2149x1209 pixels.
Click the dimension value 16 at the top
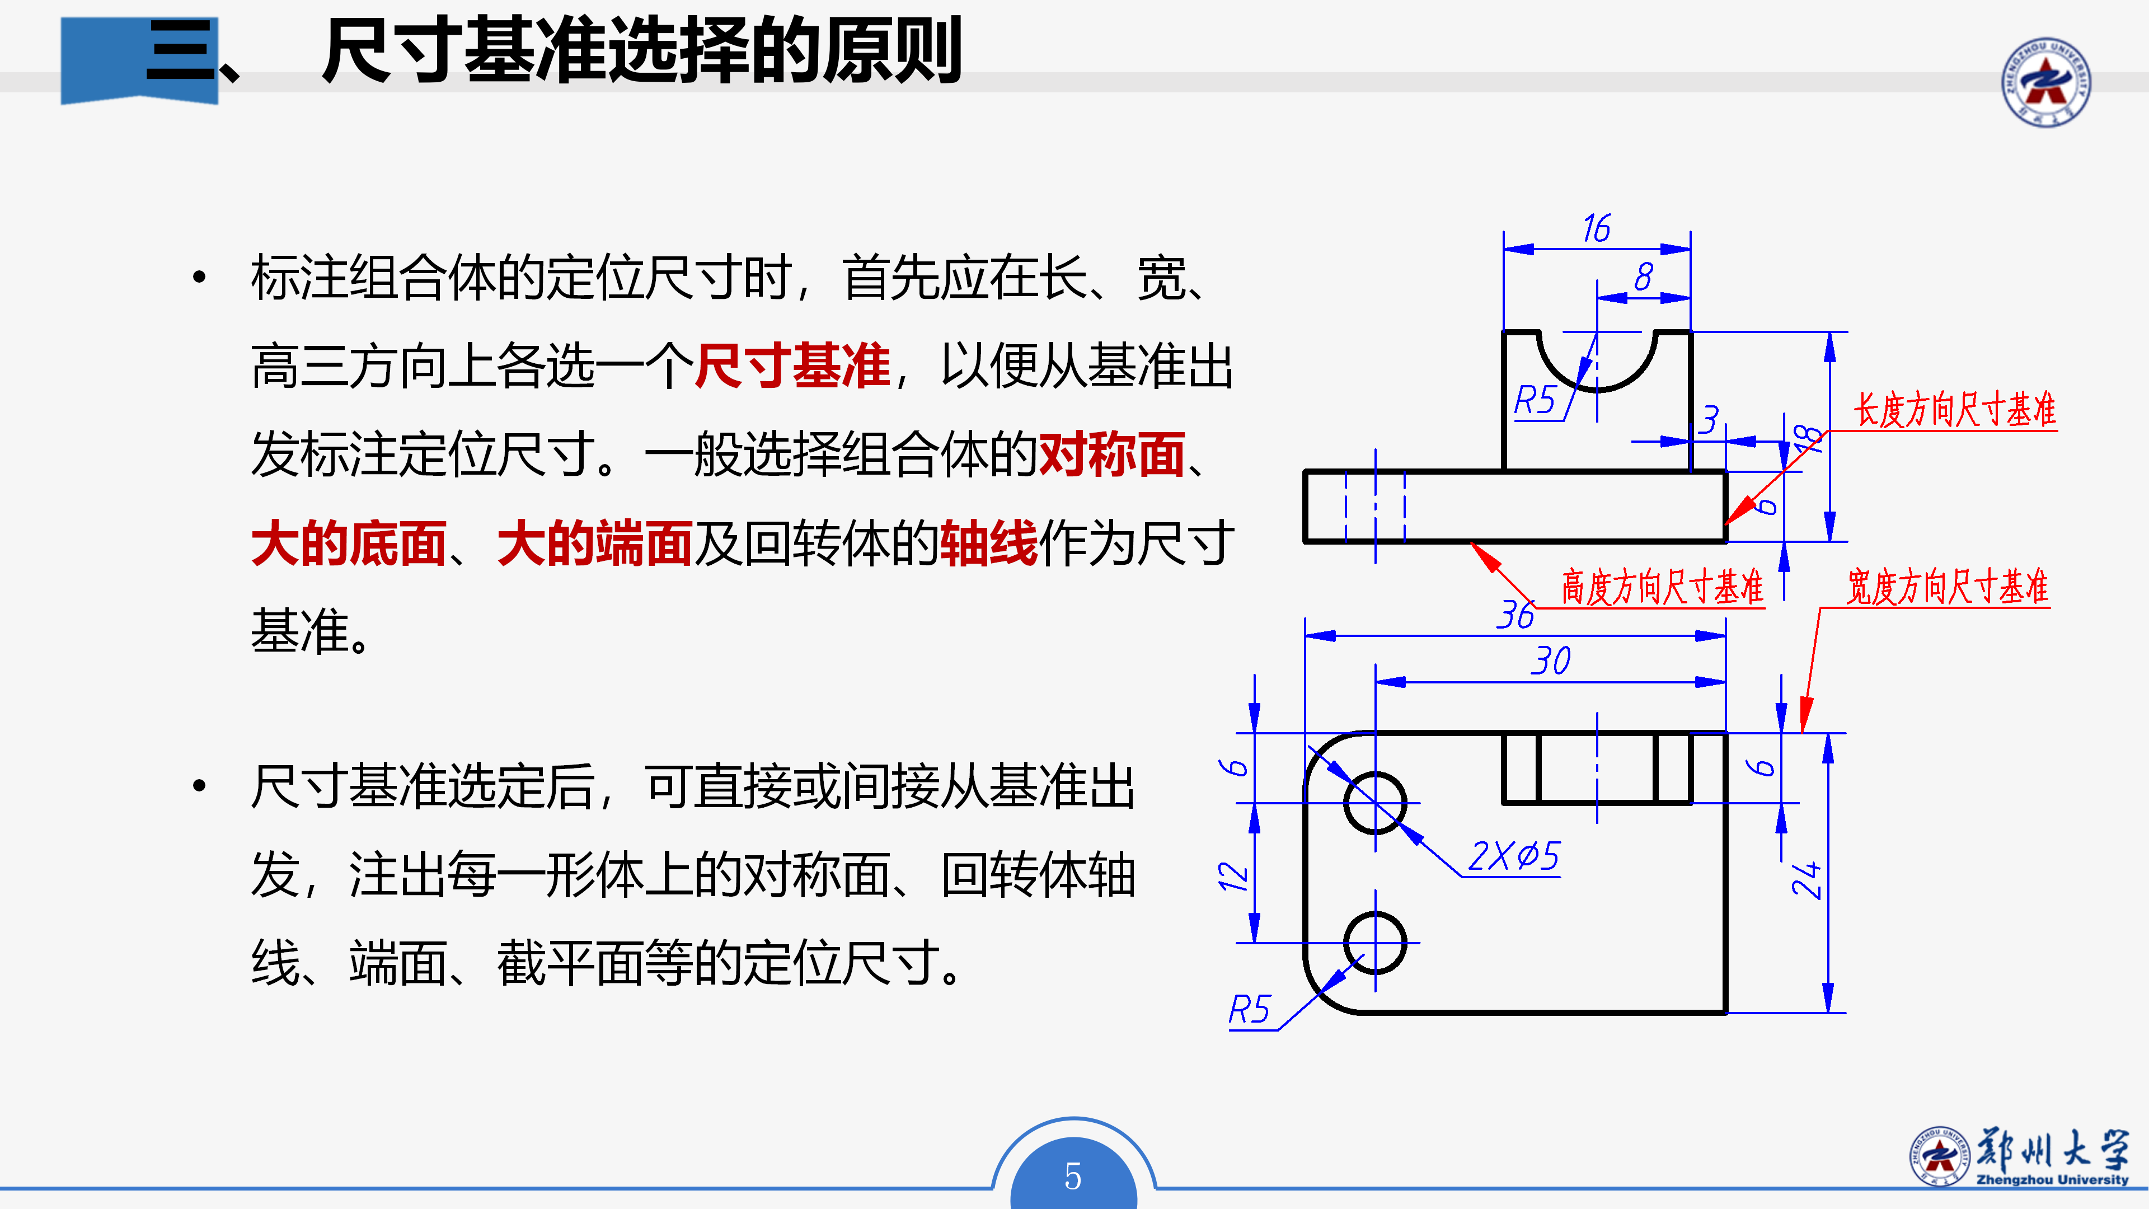1596,228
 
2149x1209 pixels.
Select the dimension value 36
1515,616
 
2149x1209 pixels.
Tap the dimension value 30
1550,662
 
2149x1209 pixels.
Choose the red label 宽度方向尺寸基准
1947,587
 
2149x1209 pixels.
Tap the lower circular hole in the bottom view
1375,943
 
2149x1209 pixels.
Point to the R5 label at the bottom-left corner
1249,1010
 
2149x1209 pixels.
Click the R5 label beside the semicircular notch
1535,401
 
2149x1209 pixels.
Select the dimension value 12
1233,875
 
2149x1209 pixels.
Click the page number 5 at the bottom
1073,1177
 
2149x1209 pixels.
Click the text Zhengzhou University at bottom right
2052,1180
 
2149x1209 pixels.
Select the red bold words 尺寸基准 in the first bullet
792,366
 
